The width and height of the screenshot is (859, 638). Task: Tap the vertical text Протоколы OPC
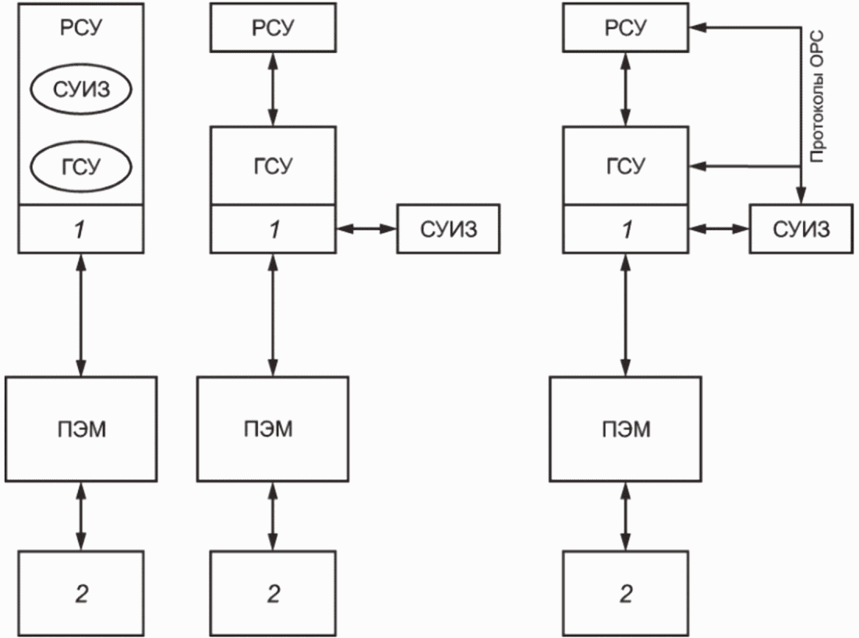pos(816,97)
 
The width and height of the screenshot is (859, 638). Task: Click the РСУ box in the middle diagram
pos(273,27)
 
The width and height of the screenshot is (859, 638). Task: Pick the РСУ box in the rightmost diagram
pos(626,27)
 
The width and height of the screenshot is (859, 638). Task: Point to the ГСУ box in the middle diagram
pos(273,165)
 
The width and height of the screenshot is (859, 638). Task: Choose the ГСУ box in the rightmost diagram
pos(626,165)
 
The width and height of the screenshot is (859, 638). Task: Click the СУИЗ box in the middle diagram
pos(448,229)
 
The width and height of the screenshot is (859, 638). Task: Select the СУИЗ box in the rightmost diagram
pos(801,229)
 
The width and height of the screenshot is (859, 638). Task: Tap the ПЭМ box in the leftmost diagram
pos(81,428)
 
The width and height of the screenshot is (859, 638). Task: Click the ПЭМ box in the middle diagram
pos(273,428)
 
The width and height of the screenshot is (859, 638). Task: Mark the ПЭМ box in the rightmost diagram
pos(626,428)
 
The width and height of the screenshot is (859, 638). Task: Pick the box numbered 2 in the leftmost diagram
pos(81,593)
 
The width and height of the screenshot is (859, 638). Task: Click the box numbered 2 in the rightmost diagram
pos(626,593)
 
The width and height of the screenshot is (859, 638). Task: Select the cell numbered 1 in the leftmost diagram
pos(81,229)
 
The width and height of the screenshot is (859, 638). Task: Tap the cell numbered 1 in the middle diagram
pos(273,229)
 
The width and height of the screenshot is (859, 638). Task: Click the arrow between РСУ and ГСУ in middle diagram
pos(273,90)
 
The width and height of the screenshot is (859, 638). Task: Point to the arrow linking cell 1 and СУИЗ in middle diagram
pos(366,229)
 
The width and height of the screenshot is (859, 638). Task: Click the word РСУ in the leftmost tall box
pos(81,27)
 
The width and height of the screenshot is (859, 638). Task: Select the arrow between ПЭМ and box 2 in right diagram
pos(626,516)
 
